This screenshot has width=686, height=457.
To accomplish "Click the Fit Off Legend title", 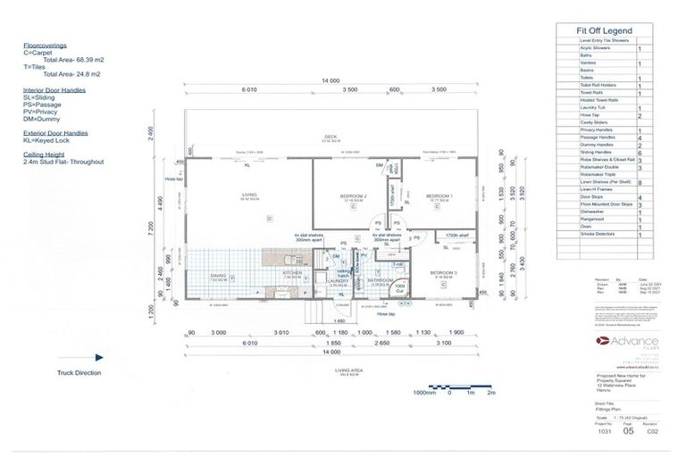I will pos(607,29).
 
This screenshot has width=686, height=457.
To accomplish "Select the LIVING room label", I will pos(249,194).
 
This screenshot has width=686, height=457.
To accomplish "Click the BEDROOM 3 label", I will pos(444,272).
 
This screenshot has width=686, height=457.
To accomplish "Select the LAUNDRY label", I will pos(337,280).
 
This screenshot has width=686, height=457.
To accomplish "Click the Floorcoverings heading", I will pos(45,45).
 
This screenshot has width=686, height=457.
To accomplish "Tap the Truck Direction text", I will pos(79,372).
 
